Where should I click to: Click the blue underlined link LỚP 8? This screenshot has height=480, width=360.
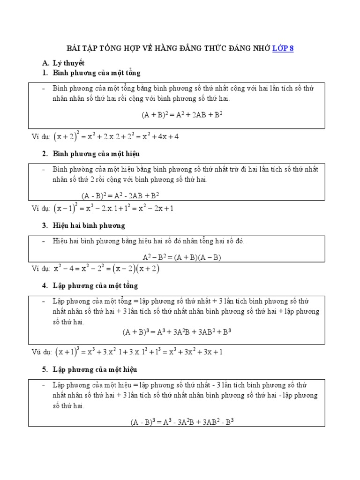point(283,48)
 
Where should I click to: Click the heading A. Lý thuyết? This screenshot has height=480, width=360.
point(63,63)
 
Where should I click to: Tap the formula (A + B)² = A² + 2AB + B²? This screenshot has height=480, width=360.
point(182,114)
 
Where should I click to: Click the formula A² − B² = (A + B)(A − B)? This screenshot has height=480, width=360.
point(182,257)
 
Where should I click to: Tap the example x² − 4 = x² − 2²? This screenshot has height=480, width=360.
point(106,269)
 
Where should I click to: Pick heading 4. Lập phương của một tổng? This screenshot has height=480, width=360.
point(90,285)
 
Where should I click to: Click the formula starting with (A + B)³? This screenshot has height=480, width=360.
point(177,332)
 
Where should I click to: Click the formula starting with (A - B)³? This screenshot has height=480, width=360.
point(182,421)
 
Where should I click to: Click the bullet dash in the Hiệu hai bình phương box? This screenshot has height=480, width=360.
point(43,241)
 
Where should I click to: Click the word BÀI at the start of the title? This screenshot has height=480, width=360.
point(76,48)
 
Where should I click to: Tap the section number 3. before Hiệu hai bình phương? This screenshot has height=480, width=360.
point(45,225)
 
